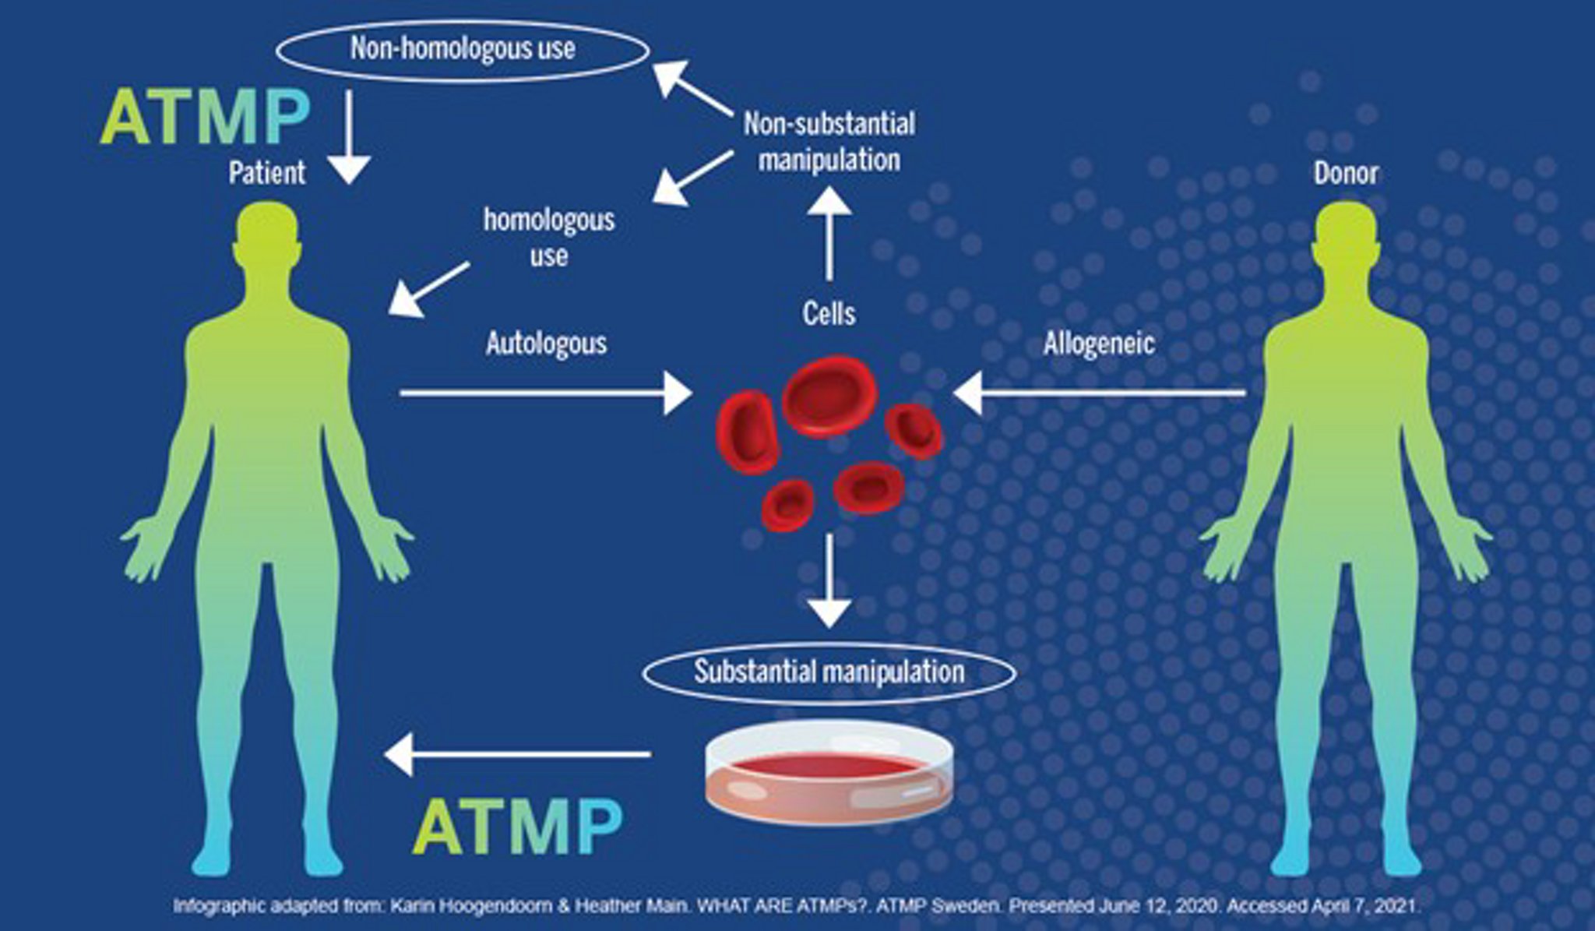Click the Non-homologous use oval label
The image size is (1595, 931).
pos(463,49)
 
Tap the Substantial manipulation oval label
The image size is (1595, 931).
pos(829,671)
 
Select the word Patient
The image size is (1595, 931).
pos(267,172)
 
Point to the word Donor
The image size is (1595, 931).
pos(1346,172)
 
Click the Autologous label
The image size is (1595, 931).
pos(546,344)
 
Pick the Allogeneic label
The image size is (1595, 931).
pos(1099,344)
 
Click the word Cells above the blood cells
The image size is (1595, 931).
pos(829,313)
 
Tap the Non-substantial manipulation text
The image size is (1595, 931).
pos(829,142)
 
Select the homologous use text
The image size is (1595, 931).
pos(549,237)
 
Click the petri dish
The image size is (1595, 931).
pos(829,771)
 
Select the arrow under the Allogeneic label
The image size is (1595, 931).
pos(1098,393)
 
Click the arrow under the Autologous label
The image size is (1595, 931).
pos(545,393)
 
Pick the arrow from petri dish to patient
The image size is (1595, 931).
pos(518,754)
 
